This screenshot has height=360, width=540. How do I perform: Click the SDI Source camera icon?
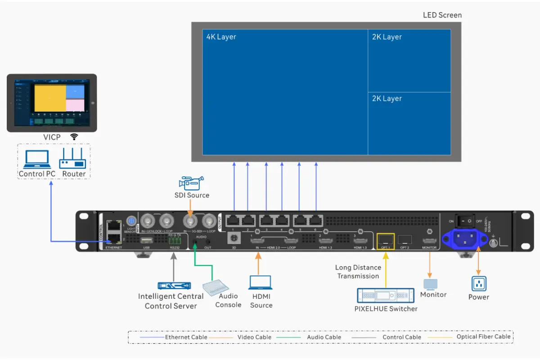(x=191, y=183)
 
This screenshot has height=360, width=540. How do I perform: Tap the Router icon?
(x=72, y=159)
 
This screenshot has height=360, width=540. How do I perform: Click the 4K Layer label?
(x=221, y=37)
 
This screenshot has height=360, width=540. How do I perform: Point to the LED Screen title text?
(x=442, y=15)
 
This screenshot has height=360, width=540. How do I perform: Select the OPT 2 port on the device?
(x=405, y=239)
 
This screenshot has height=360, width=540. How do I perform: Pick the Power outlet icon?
(x=479, y=284)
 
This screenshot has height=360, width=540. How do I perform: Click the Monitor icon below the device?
(x=431, y=284)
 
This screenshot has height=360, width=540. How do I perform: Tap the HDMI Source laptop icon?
(x=260, y=283)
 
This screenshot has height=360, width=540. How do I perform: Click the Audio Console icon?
(x=216, y=287)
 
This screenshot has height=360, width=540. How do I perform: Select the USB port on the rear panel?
(x=146, y=240)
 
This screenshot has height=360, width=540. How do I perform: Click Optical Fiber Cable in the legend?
(x=483, y=337)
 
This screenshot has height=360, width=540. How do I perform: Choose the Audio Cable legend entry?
(x=324, y=337)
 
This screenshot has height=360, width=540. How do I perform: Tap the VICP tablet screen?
(x=52, y=103)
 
